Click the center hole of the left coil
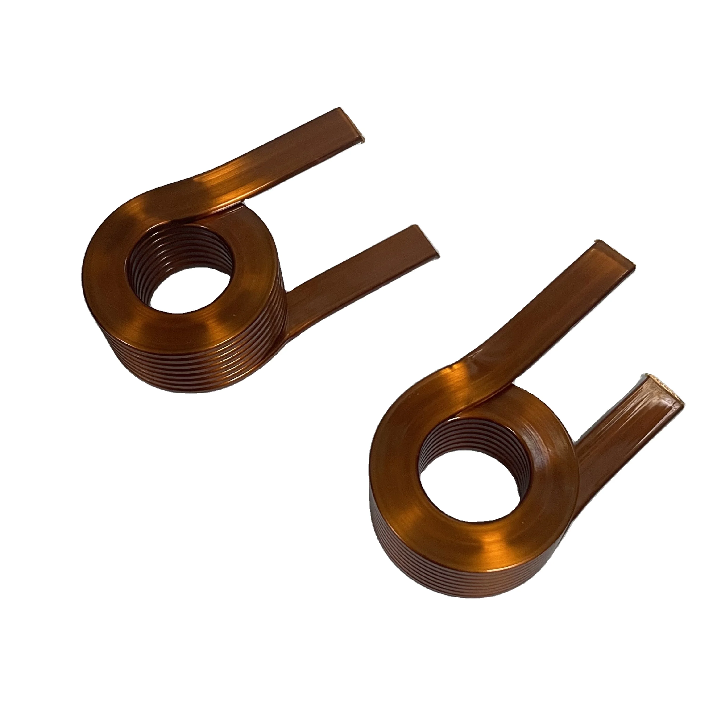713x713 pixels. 185,292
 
